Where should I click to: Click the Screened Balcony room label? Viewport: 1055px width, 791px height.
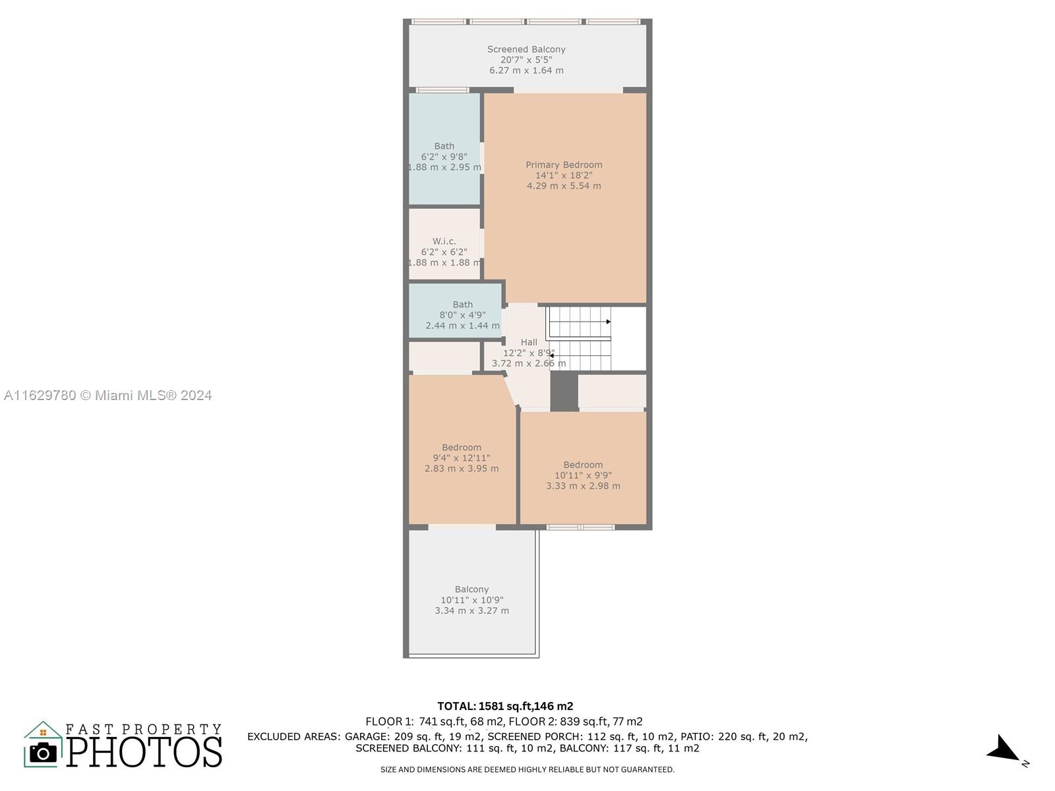pyautogui.click(x=526, y=49)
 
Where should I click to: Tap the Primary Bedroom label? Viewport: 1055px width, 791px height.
pyautogui.click(x=564, y=165)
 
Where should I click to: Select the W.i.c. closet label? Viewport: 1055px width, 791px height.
pyautogui.click(x=444, y=241)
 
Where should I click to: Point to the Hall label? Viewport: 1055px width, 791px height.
pyautogui.click(x=529, y=342)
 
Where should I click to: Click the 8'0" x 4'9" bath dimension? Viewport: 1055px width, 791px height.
pyautogui.click(x=462, y=315)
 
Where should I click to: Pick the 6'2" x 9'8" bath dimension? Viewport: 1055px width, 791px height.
pyautogui.click(x=444, y=157)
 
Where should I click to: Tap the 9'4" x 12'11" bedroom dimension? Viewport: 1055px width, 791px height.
pyautogui.click(x=462, y=457)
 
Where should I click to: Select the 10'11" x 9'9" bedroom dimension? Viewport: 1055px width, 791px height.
pyautogui.click(x=583, y=475)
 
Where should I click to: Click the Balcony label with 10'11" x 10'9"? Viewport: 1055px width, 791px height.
pyautogui.click(x=471, y=589)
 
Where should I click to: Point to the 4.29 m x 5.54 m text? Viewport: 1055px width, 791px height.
pyautogui.click(x=564, y=186)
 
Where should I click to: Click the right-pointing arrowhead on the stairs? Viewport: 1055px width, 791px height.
pyautogui.click(x=609, y=322)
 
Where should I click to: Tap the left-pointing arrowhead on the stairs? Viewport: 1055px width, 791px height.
pyautogui.click(x=551, y=355)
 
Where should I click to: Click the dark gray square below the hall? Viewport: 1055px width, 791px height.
pyautogui.click(x=564, y=392)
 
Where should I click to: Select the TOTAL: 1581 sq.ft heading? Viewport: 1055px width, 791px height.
pyautogui.click(x=505, y=707)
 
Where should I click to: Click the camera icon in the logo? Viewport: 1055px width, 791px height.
pyautogui.click(x=43, y=753)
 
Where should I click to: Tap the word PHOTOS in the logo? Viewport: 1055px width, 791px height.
pyautogui.click(x=144, y=751)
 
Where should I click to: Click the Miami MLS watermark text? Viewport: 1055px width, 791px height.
pyautogui.click(x=107, y=395)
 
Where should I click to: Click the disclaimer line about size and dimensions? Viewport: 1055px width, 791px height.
pyautogui.click(x=527, y=770)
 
